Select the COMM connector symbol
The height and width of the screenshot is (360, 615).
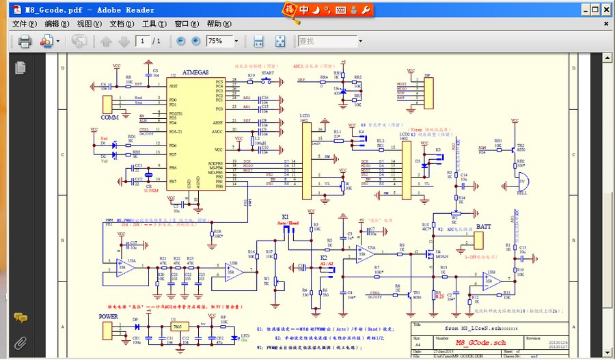point(108,105)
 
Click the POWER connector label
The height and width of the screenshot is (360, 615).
point(108,316)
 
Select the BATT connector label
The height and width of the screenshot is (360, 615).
point(483,225)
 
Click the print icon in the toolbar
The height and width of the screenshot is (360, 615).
point(25,42)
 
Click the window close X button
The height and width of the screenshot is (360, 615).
point(603,10)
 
